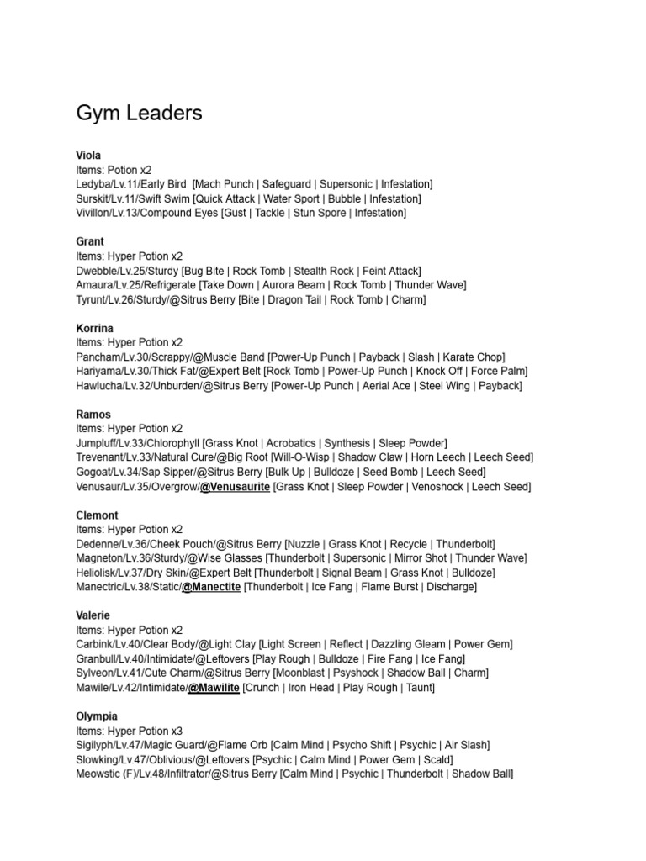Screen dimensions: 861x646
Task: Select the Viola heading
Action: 88,156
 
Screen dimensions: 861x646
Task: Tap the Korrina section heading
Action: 94,328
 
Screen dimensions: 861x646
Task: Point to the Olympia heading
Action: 97,716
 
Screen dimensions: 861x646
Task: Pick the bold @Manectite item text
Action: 211,587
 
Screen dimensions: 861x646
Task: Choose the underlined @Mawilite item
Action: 214,688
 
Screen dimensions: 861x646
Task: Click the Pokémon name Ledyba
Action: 93,184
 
